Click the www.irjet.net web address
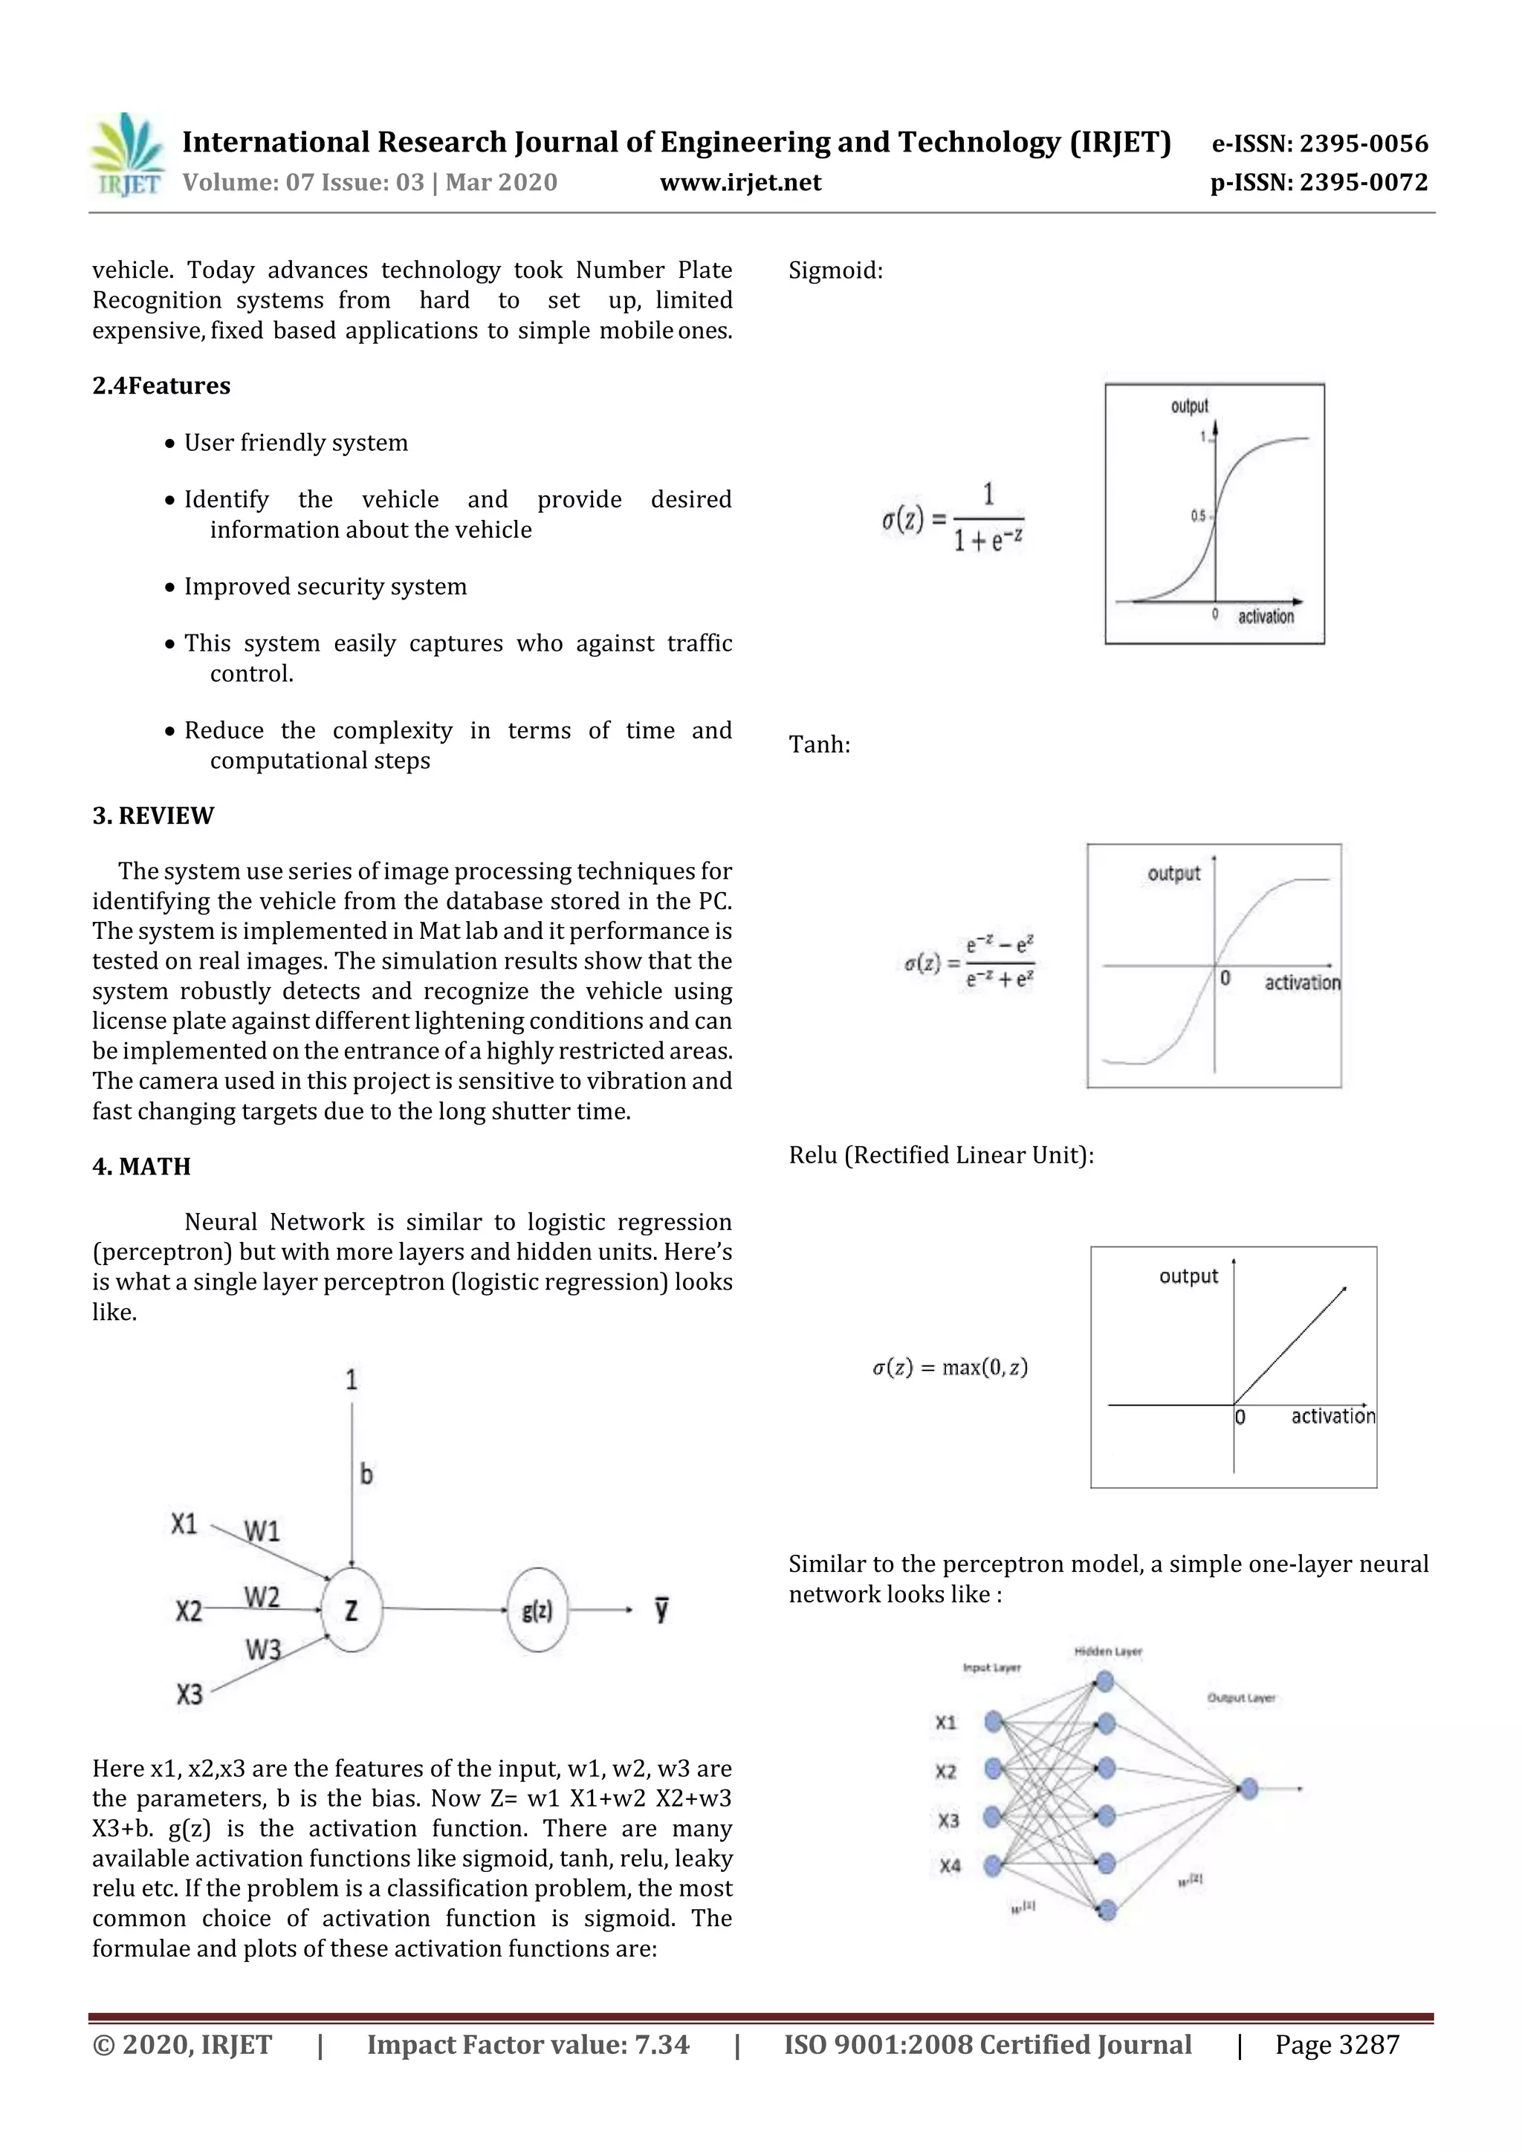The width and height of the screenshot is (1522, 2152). (740, 183)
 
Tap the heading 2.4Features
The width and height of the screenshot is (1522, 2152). (161, 386)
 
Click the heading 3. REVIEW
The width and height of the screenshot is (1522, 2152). (153, 816)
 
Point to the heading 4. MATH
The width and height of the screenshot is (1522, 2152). (142, 1167)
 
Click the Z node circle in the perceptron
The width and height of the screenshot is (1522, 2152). (352, 1610)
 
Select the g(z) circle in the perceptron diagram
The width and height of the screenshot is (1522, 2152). (537, 1610)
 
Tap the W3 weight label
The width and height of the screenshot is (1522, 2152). (264, 1650)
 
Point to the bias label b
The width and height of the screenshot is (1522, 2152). (366, 1475)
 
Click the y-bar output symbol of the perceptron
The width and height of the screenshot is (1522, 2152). (662, 1610)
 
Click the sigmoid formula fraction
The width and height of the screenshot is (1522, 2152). (988, 519)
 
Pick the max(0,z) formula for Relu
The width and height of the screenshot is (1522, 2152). (950, 1368)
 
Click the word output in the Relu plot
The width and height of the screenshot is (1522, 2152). (1188, 1277)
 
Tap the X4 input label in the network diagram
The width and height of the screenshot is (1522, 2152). (950, 1866)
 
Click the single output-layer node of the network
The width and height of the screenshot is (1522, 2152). (1249, 1789)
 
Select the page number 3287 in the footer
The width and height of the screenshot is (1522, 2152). (1369, 2045)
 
